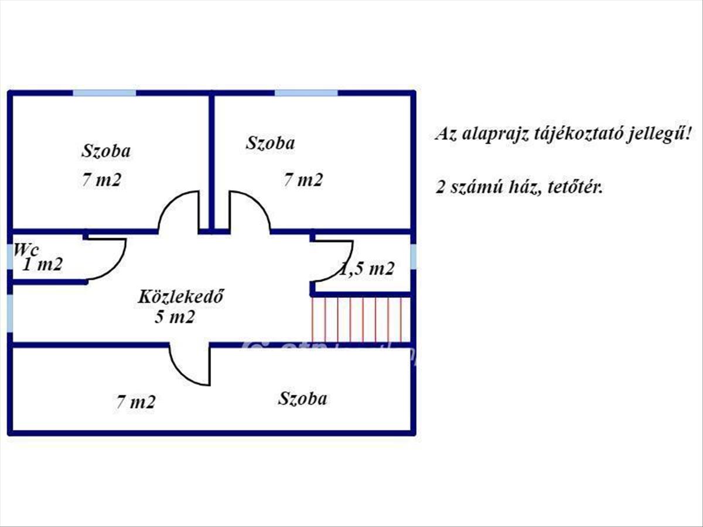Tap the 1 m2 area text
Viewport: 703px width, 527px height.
click(42, 265)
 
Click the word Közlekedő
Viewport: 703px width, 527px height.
click(182, 297)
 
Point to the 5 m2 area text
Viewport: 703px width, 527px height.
click(175, 317)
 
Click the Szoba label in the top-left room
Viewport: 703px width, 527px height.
click(105, 151)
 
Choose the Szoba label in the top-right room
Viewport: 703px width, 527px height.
click(270, 143)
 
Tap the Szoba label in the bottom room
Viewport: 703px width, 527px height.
click(302, 399)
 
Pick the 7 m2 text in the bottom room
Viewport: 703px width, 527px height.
click(135, 402)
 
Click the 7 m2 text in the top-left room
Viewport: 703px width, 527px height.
click(101, 180)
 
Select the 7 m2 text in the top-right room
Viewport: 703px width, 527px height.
click(303, 180)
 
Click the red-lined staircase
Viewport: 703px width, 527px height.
click(359, 319)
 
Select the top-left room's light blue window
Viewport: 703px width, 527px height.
click(104, 93)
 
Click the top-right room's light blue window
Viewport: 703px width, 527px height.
click(306, 93)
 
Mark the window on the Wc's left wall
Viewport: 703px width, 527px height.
click(10, 256)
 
